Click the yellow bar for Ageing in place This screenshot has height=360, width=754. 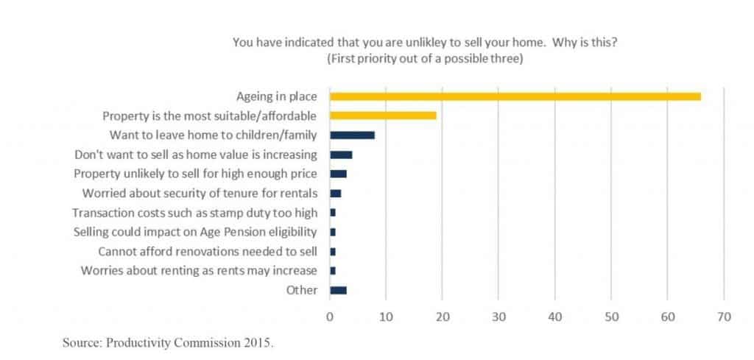coord(515,96)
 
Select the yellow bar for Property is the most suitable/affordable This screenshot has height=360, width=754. coord(383,116)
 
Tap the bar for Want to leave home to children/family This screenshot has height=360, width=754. coord(352,135)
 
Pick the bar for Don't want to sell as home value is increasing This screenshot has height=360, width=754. coord(341,155)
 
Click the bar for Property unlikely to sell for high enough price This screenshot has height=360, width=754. coord(338,174)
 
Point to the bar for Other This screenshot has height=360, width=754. coord(338,290)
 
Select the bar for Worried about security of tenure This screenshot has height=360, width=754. coord(335,193)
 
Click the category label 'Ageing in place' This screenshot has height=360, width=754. coord(277,96)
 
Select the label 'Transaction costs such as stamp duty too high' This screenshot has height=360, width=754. coord(195,213)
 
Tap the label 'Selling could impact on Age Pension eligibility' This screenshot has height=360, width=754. coord(196,232)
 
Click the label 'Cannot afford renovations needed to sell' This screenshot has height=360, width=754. coord(208,251)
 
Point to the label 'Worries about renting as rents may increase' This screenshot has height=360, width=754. coord(199,270)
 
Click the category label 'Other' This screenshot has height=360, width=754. coord(302,290)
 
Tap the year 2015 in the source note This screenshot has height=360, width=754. coord(258,343)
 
